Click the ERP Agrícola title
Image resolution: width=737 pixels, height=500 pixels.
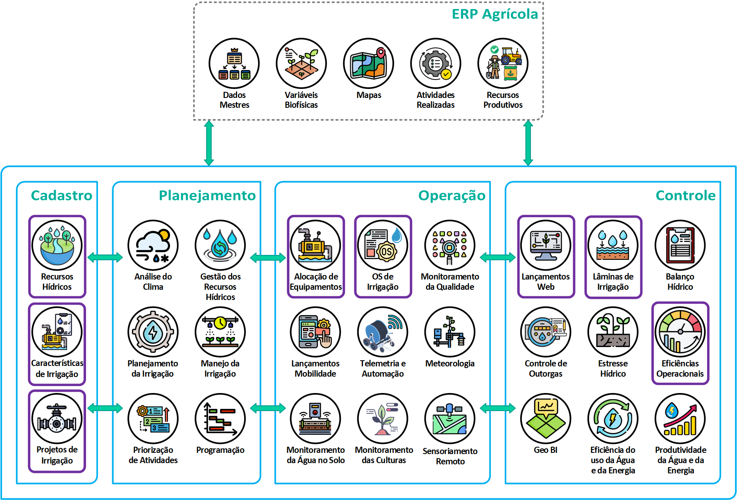(x=494, y=14)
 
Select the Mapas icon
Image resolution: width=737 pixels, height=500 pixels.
(x=368, y=64)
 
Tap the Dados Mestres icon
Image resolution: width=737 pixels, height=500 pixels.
(x=234, y=64)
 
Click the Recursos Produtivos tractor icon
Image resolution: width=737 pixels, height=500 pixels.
(x=503, y=64)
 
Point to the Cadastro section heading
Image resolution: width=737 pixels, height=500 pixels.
(x=61, y=195)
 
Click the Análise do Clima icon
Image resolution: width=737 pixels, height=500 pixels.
(x=153, y=245)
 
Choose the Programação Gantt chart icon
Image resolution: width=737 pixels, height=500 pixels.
(x=220, y=418)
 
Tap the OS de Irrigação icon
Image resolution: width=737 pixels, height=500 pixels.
(x=383, y=245)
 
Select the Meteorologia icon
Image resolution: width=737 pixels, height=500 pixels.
(x=450, y=332)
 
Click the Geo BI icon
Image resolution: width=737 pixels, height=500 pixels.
(x=546, y=418)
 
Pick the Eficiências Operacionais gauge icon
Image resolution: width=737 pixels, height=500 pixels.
(x=680, y=332)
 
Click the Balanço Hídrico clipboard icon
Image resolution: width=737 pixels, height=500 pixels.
(x=680, y=245)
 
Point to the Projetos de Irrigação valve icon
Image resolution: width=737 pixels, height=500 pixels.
(x=57, y=418)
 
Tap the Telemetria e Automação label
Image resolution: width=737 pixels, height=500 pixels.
(x=383, y=368)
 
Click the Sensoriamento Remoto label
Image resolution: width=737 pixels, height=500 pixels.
(x=450, y=456)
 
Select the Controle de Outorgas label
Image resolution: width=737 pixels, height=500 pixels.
(x=546, y=368)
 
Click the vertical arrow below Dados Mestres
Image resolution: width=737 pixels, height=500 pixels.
(x=209, y=143)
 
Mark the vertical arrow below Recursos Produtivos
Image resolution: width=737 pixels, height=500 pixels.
(x=528, y=143)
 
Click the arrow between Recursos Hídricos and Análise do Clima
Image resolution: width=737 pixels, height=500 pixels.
(x=105, y=257)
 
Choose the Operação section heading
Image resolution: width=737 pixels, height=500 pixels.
(x=451, y=195)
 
